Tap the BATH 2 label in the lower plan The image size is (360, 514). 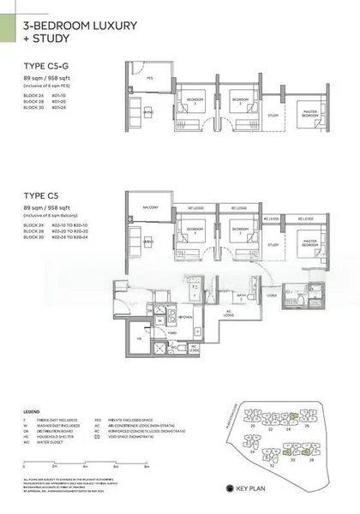pos(243,296)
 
